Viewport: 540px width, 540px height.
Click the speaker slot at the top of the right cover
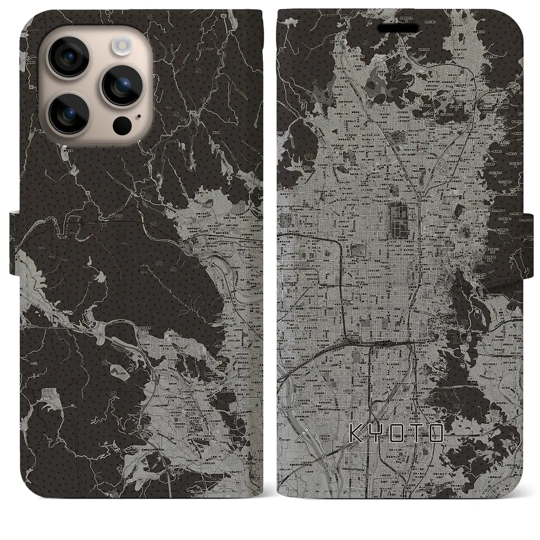pos(401,29)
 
